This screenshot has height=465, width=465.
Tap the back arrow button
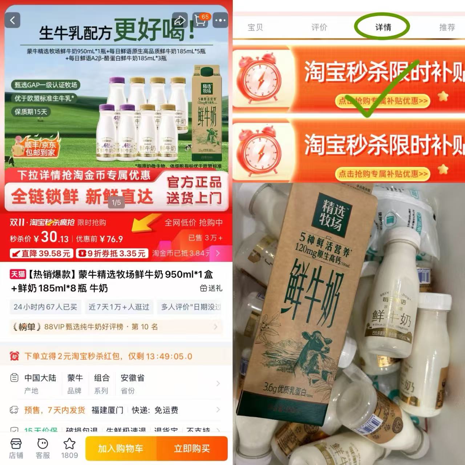tap(13, 20)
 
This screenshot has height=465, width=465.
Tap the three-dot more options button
tap(220, 20)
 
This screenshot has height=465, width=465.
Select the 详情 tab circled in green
tap(383, 27)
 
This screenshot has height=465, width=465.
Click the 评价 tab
tap(319, 27)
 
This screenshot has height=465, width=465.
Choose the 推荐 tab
tap(447, 27)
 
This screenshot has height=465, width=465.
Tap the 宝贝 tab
tap(255, 27)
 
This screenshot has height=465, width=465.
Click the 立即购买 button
tap(192, 449)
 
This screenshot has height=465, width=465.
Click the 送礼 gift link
tap(211, 288)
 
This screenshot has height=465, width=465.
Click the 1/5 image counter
tap(116, 203)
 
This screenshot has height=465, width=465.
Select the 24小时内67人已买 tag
tap(45, 307)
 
